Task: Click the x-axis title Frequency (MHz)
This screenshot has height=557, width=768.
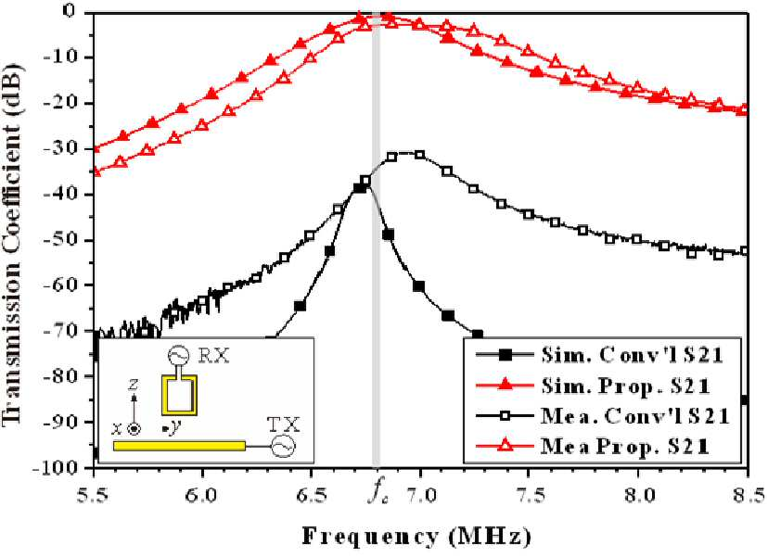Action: coord(416,538)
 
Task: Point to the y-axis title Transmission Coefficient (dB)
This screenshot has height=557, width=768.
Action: coord(13,239)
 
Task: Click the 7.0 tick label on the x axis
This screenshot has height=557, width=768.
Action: coord(421,496)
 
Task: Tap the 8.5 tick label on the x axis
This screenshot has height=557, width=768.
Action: coord(749,496)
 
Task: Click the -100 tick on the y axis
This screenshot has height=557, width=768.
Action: coord(63,467)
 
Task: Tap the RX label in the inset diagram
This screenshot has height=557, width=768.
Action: coord(213,356)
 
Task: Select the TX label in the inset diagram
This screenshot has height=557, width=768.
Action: coord(283,424)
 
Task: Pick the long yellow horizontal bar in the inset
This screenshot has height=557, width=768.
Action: coord(179,446)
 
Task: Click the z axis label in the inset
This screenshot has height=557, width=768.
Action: coord(134,386)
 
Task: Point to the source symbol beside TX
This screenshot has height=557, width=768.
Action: coord(283,447)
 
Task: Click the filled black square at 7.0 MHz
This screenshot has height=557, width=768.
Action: coord(418,286)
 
